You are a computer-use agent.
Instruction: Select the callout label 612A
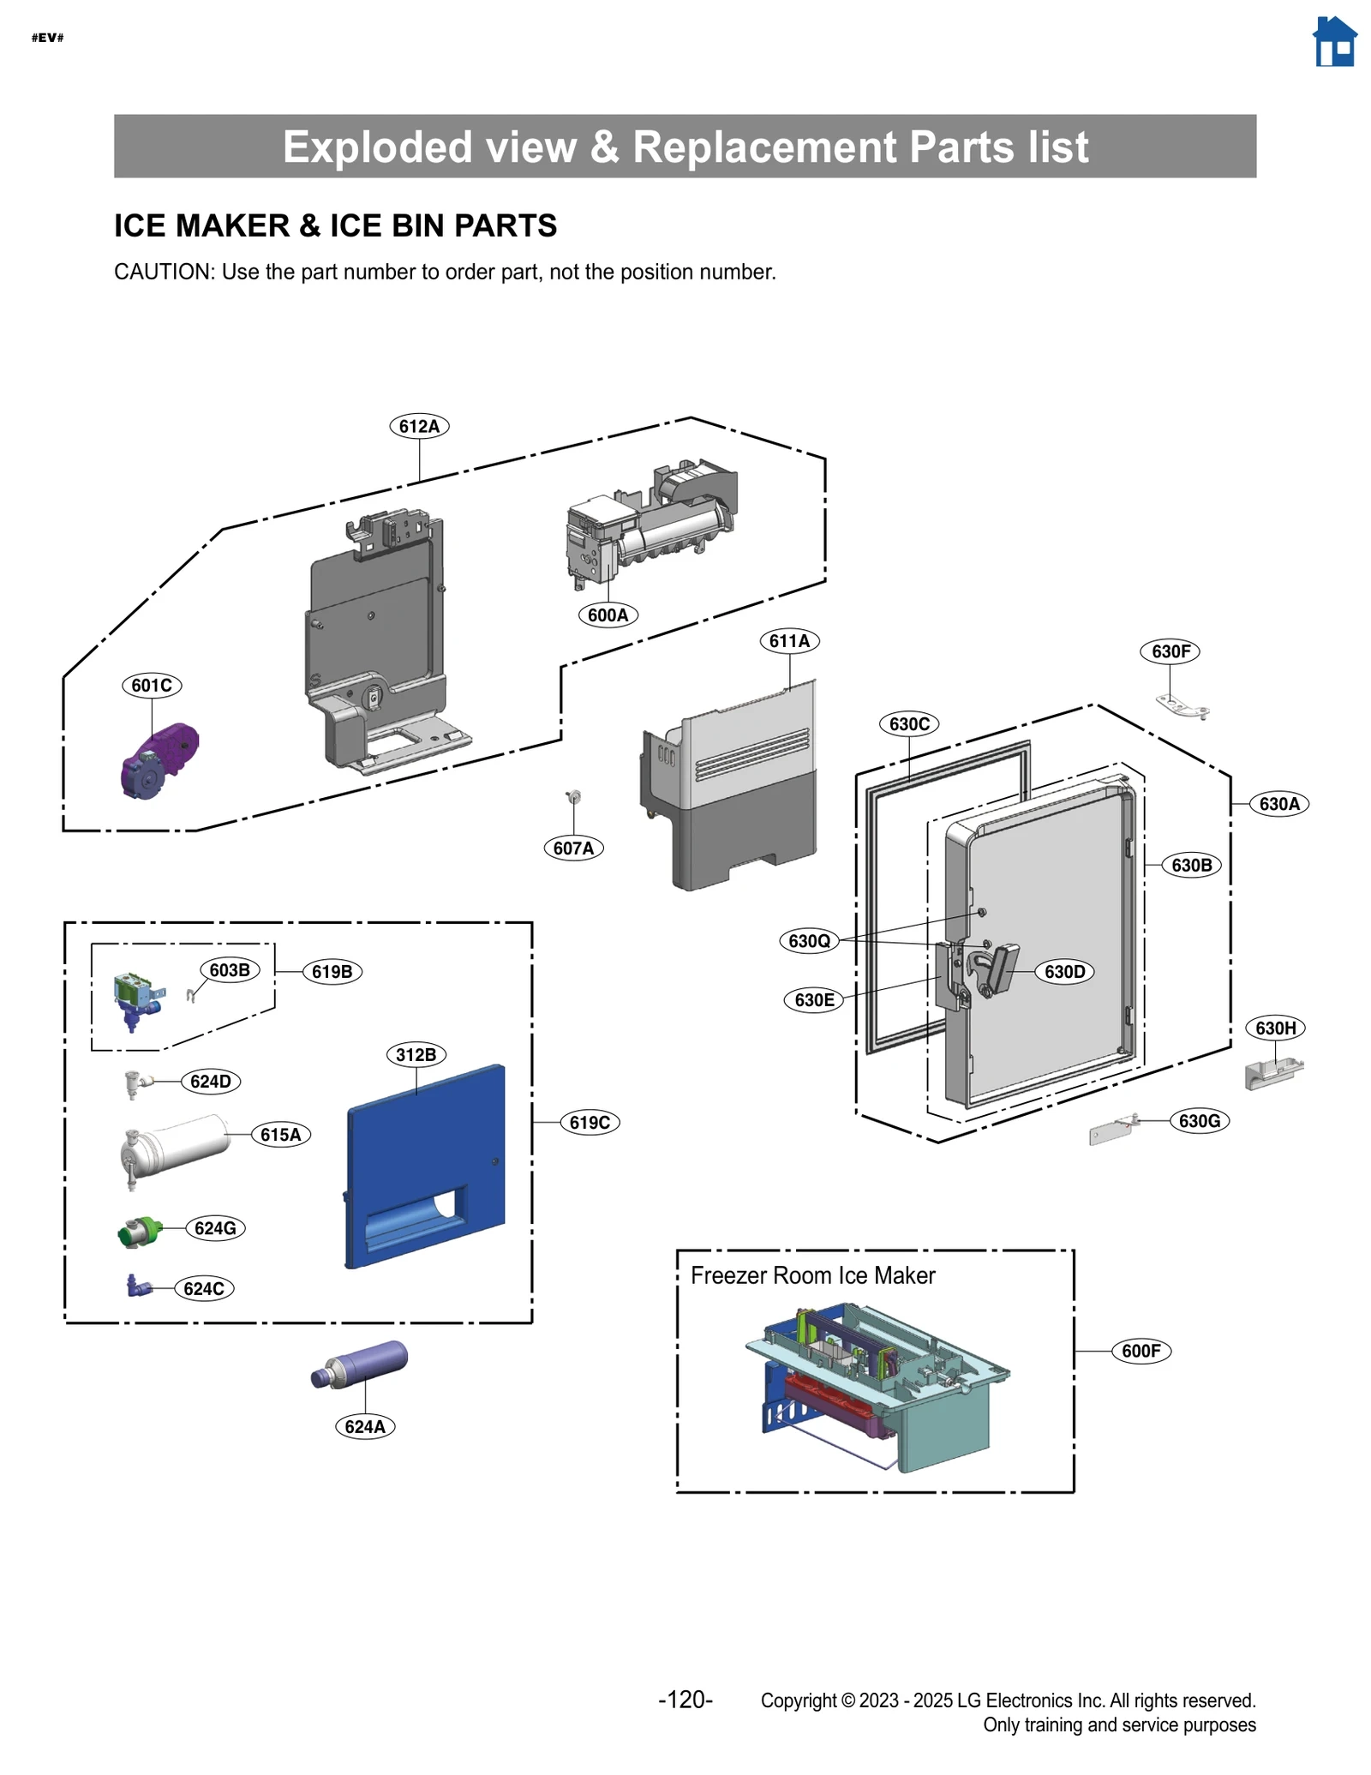[x=419, y=426]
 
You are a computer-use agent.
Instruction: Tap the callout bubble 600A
[x=608, y=615]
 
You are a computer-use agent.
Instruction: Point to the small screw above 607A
[x=574, y=798]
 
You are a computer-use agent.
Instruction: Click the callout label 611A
[x=789, y=640]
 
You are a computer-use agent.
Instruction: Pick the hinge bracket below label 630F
[x=1183, y=706]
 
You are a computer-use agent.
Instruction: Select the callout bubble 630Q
[x=809, y=940]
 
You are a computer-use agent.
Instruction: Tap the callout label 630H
[x=1275, y=1028]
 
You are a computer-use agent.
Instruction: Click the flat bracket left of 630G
[x=1111, y=1132]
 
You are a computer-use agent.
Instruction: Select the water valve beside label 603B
[x=136, y=999]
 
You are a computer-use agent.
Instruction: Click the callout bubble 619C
[x=590, y=1122]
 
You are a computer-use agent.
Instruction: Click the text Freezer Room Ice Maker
[x=812, y=1275]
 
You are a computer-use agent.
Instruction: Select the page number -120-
[x=685, y=1699]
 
